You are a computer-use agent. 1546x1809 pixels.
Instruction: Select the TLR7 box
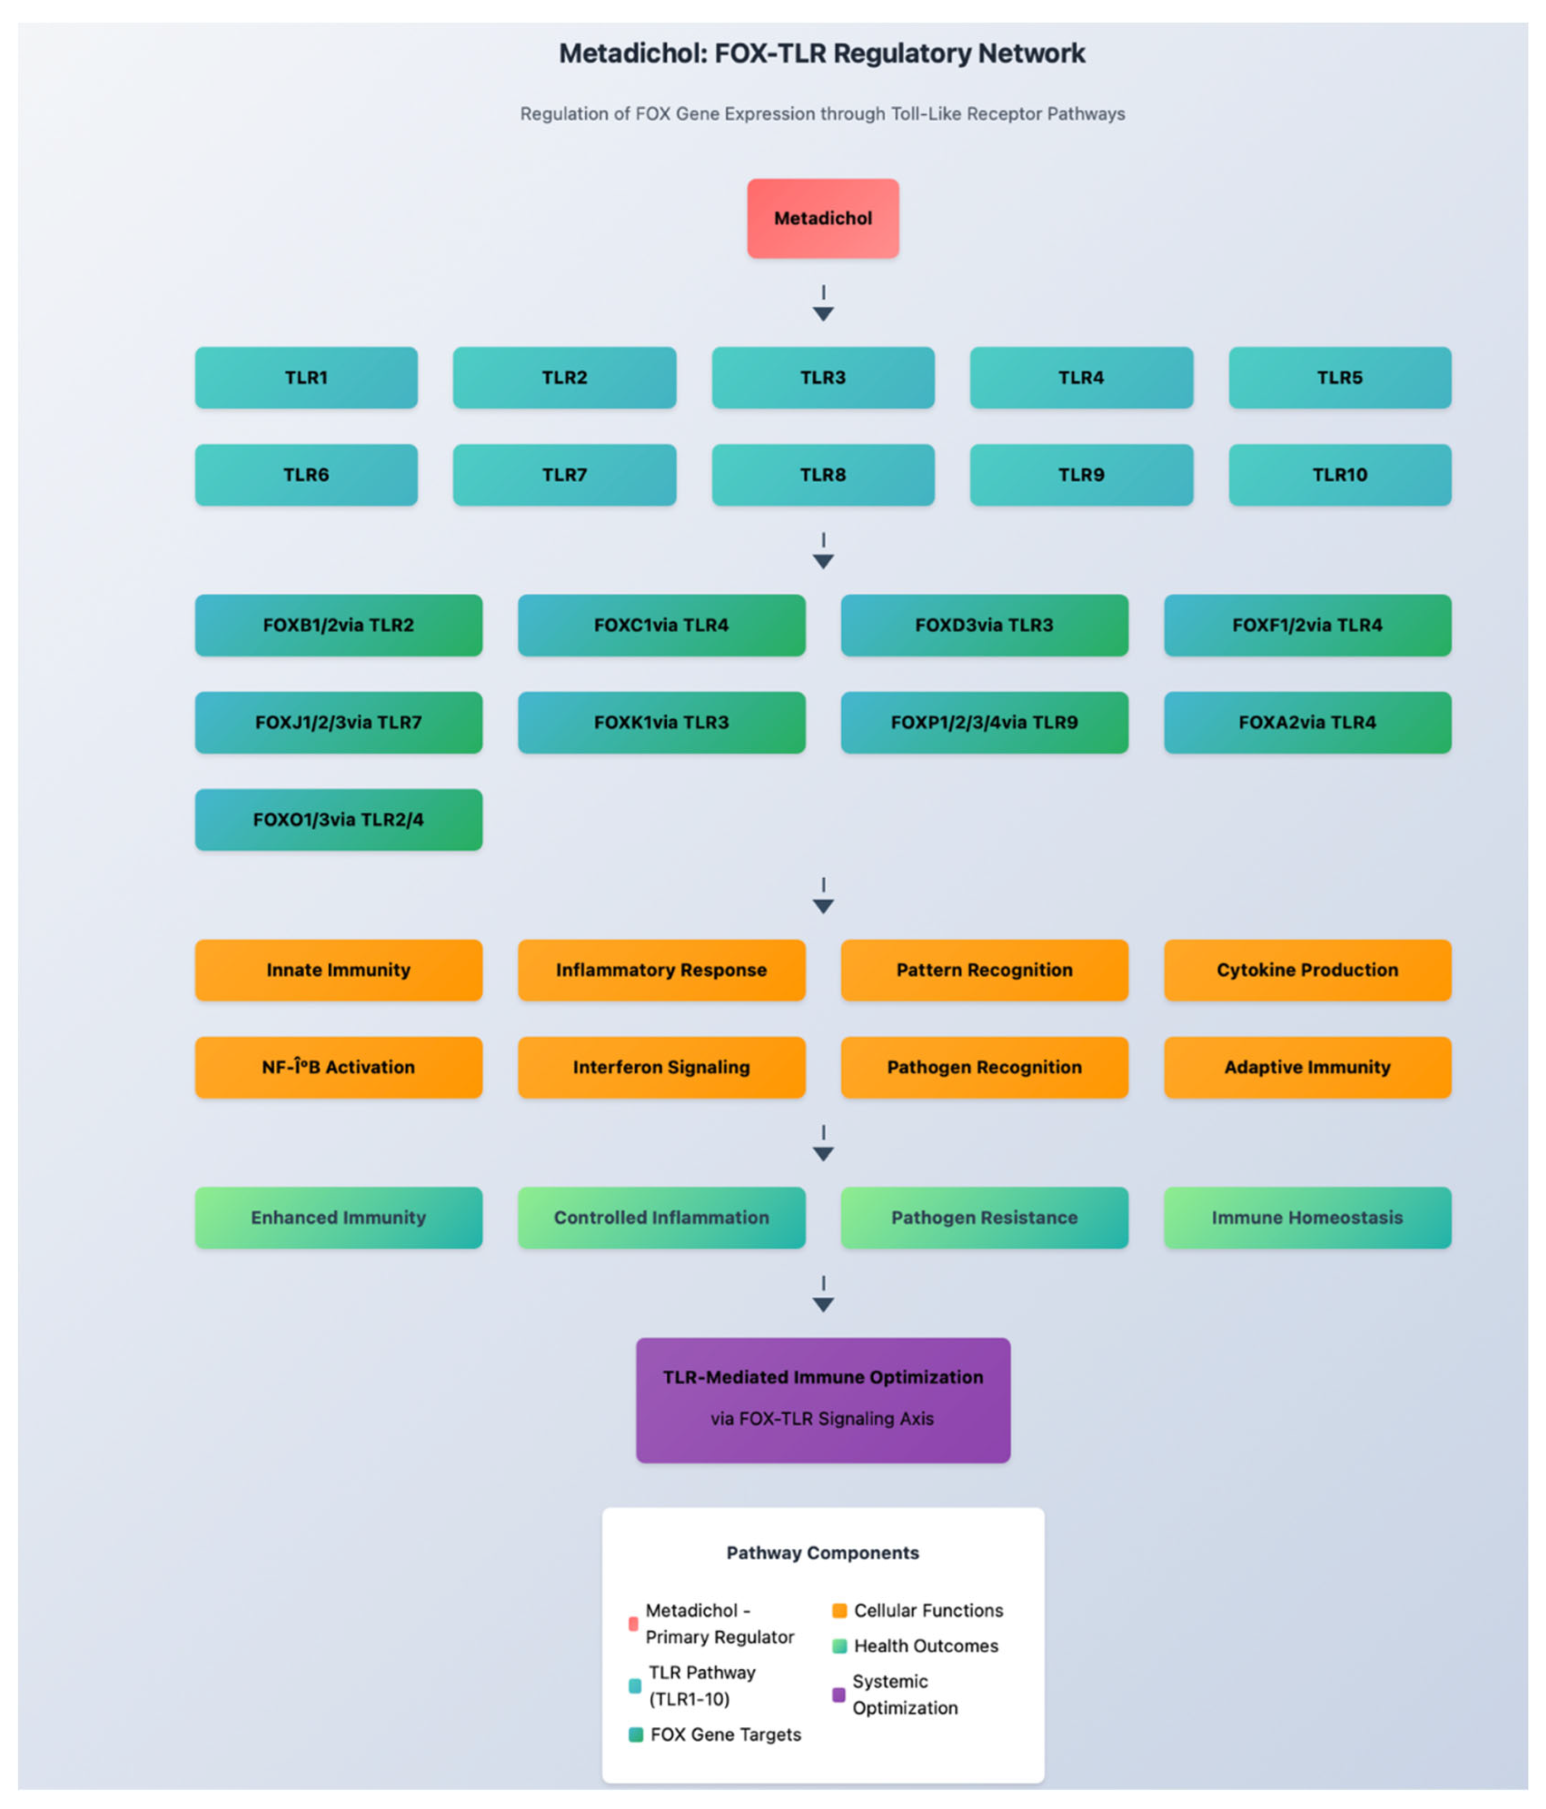click(564, 475)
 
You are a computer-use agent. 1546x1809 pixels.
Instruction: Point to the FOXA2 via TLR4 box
click(1307, 722)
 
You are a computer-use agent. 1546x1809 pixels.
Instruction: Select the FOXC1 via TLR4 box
click(661, 625)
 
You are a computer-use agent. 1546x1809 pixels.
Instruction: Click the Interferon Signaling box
click(661, 1067)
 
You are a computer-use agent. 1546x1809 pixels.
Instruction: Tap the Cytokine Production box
click(1307, 970)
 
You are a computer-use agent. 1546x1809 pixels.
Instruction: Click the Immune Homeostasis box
click(1307, 1217)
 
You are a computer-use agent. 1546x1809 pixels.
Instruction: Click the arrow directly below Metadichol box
click(823, 306)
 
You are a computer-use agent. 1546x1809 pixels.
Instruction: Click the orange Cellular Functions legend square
click(840, 1610)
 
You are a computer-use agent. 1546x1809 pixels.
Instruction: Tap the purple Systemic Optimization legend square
click(838, 1695)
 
